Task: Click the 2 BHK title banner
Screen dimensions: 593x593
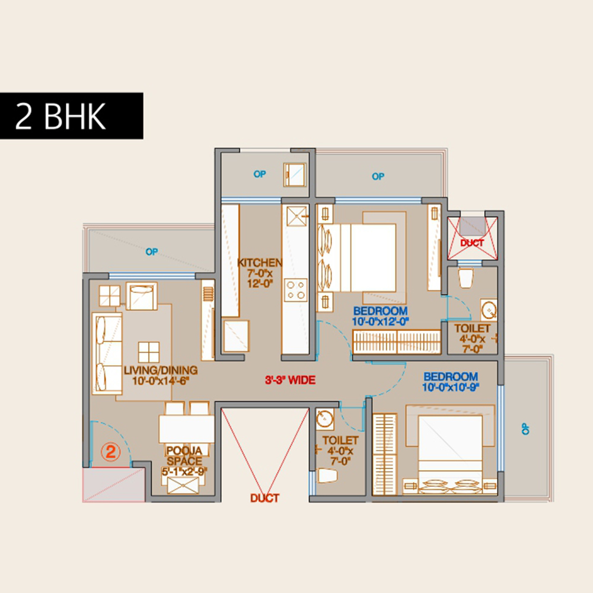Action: (x=72, y=116)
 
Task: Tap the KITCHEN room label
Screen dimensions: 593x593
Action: (x=260, y=263)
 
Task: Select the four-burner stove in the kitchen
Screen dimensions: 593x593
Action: (x=296, y=290)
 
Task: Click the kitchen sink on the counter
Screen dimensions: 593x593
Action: (x=296, y=216)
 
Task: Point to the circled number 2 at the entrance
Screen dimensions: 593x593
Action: (x=110, y=451)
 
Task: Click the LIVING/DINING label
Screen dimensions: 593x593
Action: (x=161, y=370)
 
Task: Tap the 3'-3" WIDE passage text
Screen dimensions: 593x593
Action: (x=291, y=380)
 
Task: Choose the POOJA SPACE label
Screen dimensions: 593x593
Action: (x=184, y=455)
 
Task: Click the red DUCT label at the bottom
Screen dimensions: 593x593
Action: (x=264, y=498)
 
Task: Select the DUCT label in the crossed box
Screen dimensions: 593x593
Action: (x=472, y=243)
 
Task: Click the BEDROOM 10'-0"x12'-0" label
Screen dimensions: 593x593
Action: (x=381, y=316)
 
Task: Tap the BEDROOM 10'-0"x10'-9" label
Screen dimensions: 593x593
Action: (x=451, y=382)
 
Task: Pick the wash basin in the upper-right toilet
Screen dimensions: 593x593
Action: (x=489, y=310)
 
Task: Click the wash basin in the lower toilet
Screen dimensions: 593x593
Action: (x=324, y=419)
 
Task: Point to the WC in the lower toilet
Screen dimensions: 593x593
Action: (x=327, y=476)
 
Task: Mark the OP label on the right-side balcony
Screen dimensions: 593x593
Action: (x=525, y=429)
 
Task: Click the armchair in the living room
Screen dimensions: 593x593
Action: (x=142, y=296)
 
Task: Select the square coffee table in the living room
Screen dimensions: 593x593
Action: (x=149, y=352)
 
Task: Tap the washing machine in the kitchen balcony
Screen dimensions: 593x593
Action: (x=295, y=174)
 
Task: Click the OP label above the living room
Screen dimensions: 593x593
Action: (x=152, y=251)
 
